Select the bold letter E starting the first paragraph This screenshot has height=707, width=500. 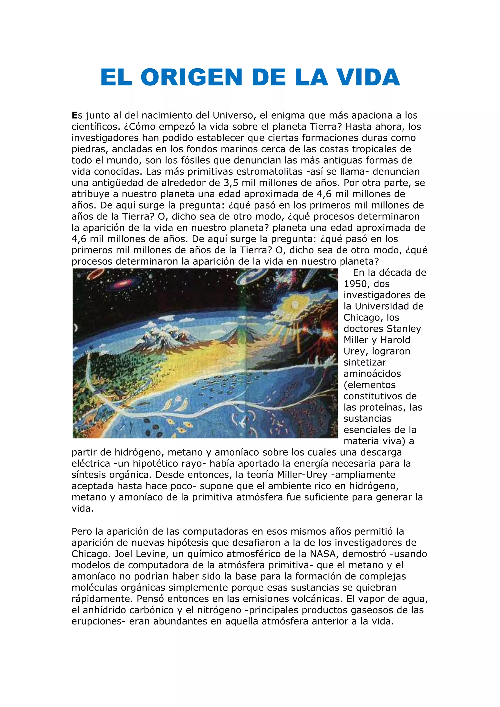[x=74, y=115]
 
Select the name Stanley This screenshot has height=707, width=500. [x=404, y=329]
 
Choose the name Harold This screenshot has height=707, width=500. [x=395, y=340]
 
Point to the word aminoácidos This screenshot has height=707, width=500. [x=372, y=374]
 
